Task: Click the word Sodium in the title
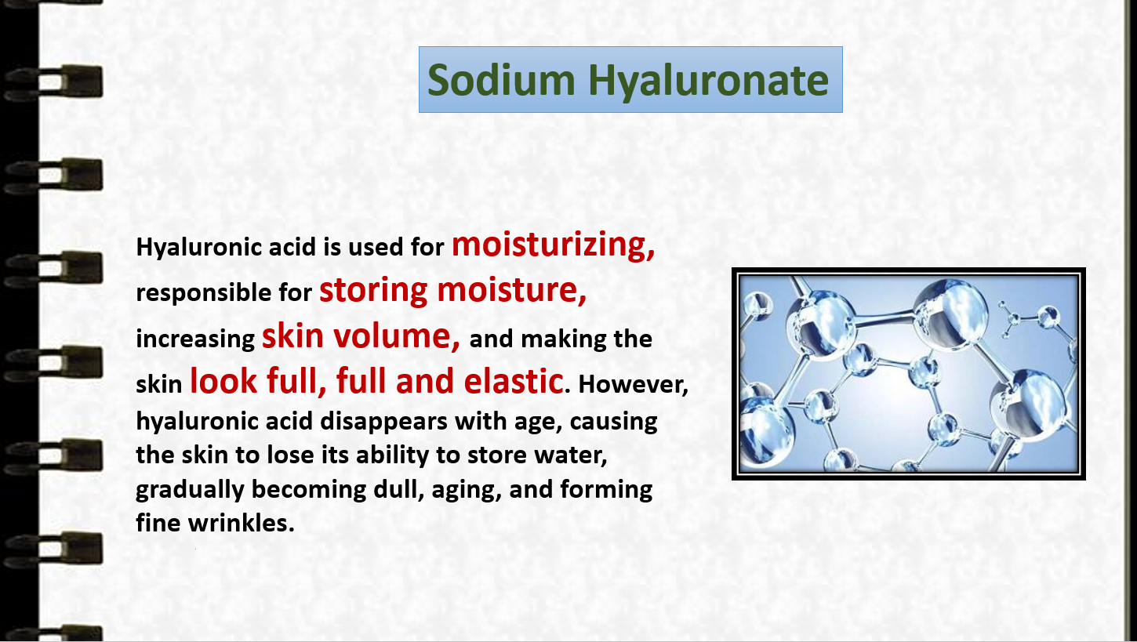(x=501, y=80)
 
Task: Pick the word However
(x=634, y=384)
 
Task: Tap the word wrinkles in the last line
(x=241, y=523)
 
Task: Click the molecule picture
(x=908, y=374)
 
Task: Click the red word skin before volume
(x=292, y=336)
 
